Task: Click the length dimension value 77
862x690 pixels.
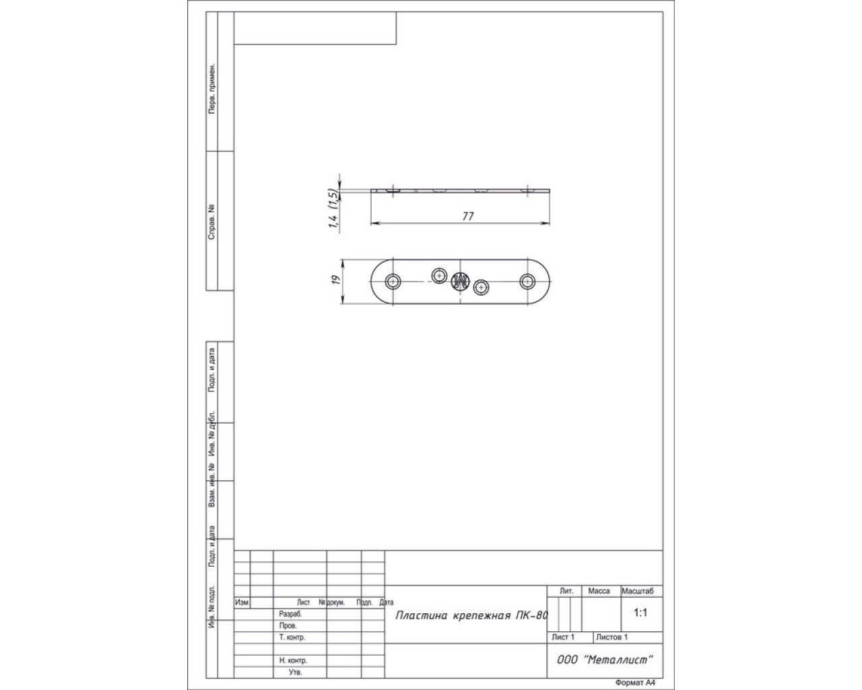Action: coord(468,216)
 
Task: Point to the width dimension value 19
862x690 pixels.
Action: coord(336,280)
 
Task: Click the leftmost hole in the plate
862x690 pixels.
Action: coord(393,282)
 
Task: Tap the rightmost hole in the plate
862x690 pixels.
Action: coord(527,282)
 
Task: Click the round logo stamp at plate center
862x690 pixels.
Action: coord(460,281)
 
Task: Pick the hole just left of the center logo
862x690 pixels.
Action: coord(439,276)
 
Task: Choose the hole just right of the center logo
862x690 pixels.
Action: coord(481,288)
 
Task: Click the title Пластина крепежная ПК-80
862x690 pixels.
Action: coord(471,615)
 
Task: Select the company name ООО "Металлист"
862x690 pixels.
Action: coord(605,660)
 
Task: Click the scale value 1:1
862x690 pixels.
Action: coord(640,613)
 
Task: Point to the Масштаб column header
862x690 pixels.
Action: coord(637,591)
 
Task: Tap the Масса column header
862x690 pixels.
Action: coord(599,591)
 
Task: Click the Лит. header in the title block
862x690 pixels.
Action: coord(566,591)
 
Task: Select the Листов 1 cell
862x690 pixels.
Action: coord(611,637)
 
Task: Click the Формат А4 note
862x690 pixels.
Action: coord(636,683)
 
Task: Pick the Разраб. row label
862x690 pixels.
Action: coord(290,615)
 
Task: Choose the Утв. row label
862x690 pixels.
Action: coord(295,672)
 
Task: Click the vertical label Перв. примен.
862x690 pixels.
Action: coord(211,88)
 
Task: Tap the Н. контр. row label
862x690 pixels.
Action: coord(293,660)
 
